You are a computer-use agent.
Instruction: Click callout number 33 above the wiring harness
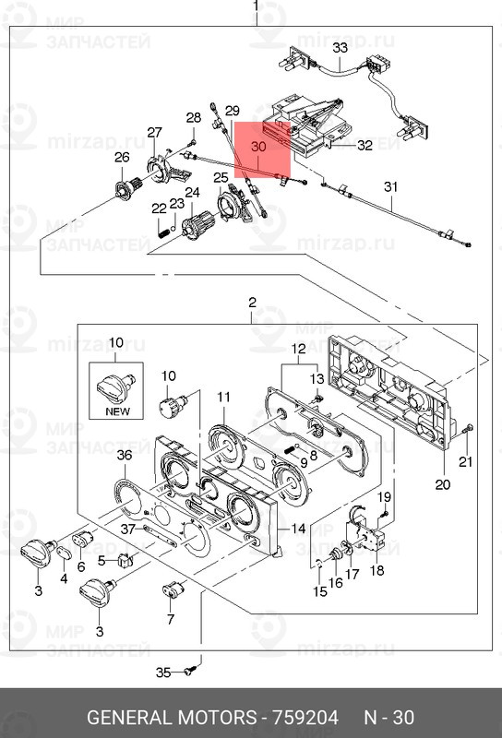pyautogui.click(x=340, y=48)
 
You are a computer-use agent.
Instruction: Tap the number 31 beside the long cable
pyautogui.click(x=391, y=187)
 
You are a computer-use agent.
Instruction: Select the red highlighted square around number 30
pyautogui.click(x=263, y=149)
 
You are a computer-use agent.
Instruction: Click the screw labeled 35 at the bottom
pyautogui.click(x=190, y=671)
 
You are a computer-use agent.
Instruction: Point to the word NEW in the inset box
pyautogui.click(x=117, y=411)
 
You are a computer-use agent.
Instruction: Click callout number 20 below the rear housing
pyautogui.click(x=443, y=484)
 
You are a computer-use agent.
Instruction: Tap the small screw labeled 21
pyautogui.click(x=470, y=428)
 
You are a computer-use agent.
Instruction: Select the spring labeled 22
pyautogui.click(x=162, y=232)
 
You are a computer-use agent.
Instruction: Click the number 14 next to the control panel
pyautogui.click(x=299, y=528)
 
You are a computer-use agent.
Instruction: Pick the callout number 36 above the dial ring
pyautogui.click(x=125, y=455)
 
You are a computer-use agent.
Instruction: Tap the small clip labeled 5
pyautogui.click(x=125, y=560)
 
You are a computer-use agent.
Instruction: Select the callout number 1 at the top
pyautogui.click(x=256, y=6)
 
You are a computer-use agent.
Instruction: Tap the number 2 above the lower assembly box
pyautogui.click(x=253, y=303)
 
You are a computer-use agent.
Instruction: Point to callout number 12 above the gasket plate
pyautogui.click(x=299, y=349)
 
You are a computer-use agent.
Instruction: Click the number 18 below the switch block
pyautogui.click(x=376, y=570)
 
